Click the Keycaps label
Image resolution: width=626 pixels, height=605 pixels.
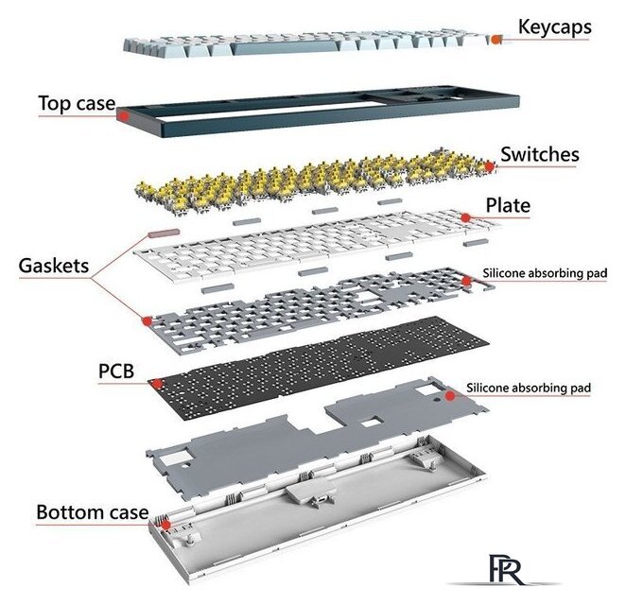pos(554,26)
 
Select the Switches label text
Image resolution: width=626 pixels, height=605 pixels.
pos(540,153)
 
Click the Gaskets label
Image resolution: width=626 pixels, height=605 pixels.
pos(53,266)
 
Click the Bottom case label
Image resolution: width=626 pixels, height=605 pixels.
pos(92,513)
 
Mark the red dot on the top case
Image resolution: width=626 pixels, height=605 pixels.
pos(123,115)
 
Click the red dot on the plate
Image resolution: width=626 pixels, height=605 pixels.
pos(466,217)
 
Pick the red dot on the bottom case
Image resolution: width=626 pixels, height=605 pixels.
pos(166,523)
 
